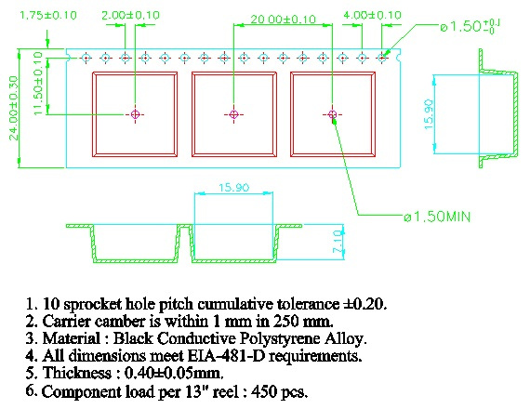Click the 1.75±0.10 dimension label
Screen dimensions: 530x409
click(x=48, y=16)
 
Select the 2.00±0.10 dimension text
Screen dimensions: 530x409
click(x=130, y=15)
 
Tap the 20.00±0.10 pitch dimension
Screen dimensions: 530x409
click(x=284, y=20)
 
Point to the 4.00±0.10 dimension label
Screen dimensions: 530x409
click(x=373, y=15)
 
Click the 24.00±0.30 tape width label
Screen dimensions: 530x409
click(x=14, y=108)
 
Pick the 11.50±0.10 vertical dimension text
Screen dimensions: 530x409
click(x=38, y=83)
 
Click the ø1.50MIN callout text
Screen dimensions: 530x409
click(x=437, y=217)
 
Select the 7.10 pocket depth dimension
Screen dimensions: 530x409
click(x=338, y=242)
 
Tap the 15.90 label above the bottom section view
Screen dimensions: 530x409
click(x=234, y=188)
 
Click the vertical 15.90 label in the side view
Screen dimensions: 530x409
click(x=429, y=114)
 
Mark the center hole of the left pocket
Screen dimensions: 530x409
click(x=135, y=114)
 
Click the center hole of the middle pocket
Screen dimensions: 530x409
click(x=234, y=114)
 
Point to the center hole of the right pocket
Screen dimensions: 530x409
click(x=332, y=114)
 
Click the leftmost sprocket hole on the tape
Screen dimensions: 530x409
click(x=86, y=59)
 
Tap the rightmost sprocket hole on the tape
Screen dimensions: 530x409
click(x=382, y=59)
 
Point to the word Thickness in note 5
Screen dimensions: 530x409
click(x=77, y=373)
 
